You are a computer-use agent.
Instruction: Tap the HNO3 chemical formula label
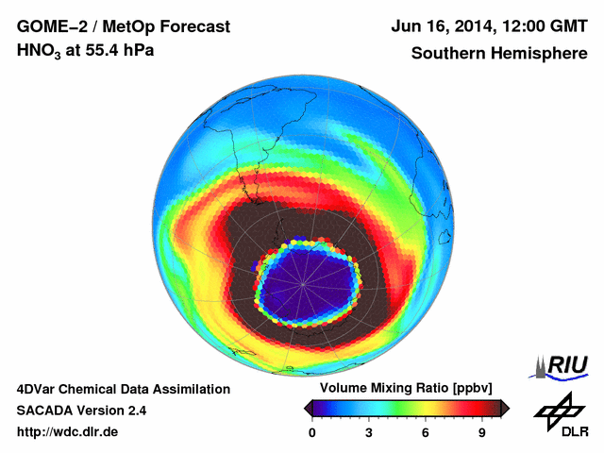pyautogui.click(x=39, y=51)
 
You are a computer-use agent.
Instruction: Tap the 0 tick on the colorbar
pyautogui.click(x=312, y=432)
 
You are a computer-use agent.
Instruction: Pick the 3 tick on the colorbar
pyautogui.click(x=369, y=432)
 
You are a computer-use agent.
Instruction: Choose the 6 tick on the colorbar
pyautogui.click(x=426, y=432)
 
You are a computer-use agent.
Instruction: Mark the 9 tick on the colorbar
pyautogui.click(x=482, y=432)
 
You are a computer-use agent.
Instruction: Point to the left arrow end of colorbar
pyautogui.click(x=308, y=408)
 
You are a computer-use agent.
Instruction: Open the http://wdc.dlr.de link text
pyautogui.click(x=68, y=432)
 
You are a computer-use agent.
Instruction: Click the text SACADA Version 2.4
pyautogui.click(x=81, y=411)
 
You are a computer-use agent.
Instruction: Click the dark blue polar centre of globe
pyautogui.click(x=304, y=282)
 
